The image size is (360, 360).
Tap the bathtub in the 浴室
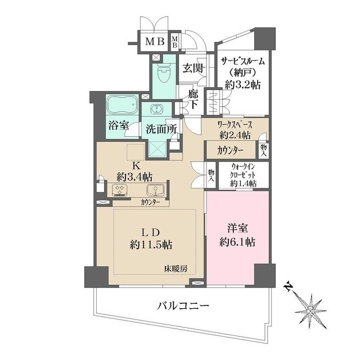click(123, 105)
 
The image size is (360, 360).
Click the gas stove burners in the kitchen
click(120, 190)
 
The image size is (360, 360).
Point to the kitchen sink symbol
click(155, 190)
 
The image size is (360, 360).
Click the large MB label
click(155, 42)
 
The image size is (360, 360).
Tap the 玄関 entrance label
click(193, 68)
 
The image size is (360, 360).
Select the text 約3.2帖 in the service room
click(242, 85)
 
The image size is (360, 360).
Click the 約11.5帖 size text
click(151, 245)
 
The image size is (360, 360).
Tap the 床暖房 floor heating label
click(176, 268)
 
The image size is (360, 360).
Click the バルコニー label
click(183, 306)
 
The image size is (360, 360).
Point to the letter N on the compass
click(287, 287)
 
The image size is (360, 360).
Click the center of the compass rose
click(310, 312)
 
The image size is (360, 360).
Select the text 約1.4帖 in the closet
click(244, 184)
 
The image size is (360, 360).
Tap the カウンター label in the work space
click(230, 150)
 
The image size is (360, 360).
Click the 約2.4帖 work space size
click(235, 135)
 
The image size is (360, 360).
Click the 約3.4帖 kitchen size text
click(134, 177)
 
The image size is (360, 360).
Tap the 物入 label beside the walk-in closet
click(211, 176)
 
